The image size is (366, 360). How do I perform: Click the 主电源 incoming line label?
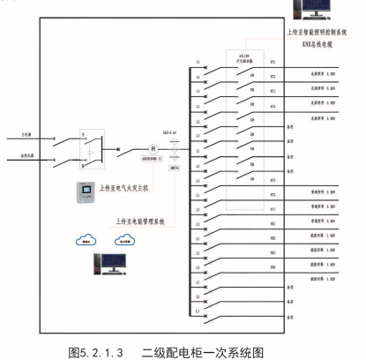27,137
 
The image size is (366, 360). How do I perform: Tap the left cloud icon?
86,238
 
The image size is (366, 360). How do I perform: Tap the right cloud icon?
123,238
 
